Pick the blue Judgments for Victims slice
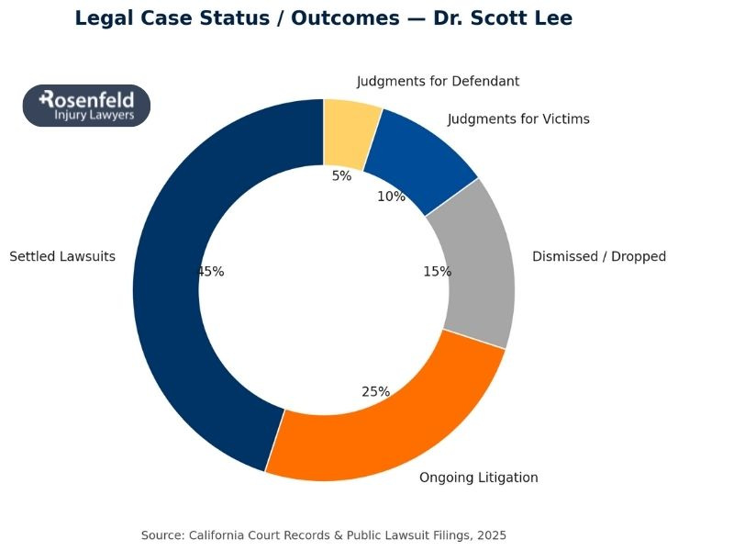click(422, 156)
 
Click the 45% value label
click(211, 272)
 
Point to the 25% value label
click(375, 392)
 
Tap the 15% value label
click(437, 272)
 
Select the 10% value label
click(391, 197)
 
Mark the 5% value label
click(341, 176)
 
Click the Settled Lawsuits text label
click(62, 257)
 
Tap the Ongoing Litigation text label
click(478, 478)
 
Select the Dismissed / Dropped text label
click(599, 257)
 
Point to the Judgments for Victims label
click(518, 119)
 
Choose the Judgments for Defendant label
click(438, 82)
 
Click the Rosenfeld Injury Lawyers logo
click(86, 106)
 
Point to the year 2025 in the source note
click(491, 535)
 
